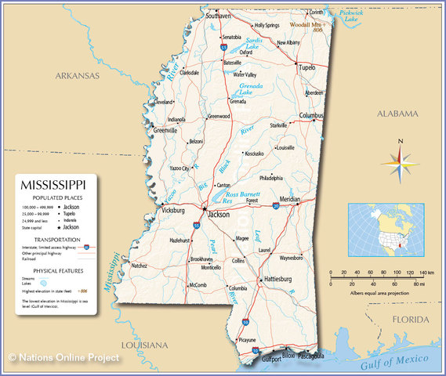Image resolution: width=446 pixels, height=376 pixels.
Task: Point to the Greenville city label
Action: pyautogui.click(x=165, y=130)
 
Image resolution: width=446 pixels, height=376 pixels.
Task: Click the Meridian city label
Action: pyautogui.click(x=290, y=200)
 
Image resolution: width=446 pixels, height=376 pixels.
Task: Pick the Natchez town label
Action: pyautogui.click(x=139, y=266)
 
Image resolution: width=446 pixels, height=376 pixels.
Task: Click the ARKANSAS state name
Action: pyautogui.click(x=77, y=76)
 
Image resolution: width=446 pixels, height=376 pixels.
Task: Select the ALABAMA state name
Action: pyautogui.click(x=399, y=114)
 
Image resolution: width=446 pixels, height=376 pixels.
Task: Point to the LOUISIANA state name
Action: pyautogui.click(x=145, y=345)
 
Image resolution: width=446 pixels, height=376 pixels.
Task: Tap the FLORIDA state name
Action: pyautogui.click(x=411, y=320)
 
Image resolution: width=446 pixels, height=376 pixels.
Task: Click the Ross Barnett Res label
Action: pyautogui.click(x=244, y=197)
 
